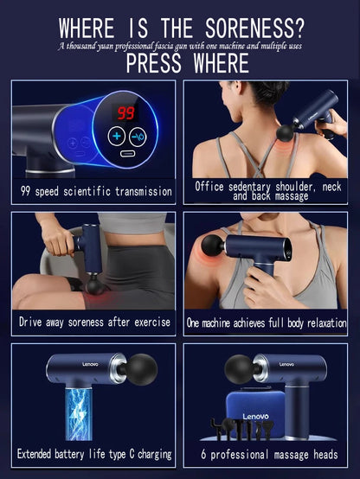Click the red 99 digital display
pos(126,113)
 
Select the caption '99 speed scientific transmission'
pos(97,191)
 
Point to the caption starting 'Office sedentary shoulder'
pos(267,190)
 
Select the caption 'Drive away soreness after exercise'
pos(97,323)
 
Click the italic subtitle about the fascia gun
pos(179,43)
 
